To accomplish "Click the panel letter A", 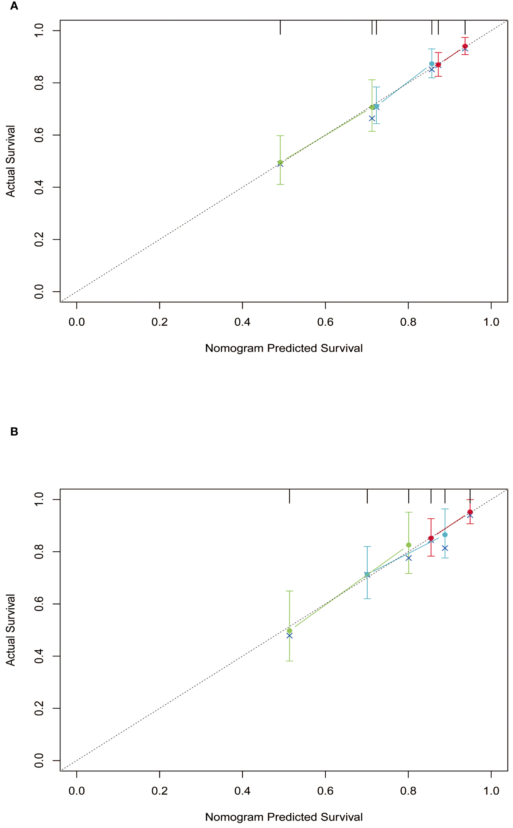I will [x=14, y=6].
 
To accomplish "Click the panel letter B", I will [x=14, y=432].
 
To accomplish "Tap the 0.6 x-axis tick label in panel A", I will [x=325, y=322].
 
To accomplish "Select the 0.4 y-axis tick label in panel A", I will [x=39, y=187].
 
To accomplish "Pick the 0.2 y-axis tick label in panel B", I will [x=39, y=709].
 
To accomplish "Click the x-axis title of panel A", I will [x=284, y=348].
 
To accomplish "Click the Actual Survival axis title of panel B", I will [x=11, y=630].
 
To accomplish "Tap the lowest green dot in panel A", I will [x=280, y=162].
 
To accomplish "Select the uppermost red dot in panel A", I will [x=465, y=46].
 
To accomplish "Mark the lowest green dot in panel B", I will [x=289, y=631].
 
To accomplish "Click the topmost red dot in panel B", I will [x=470, y=512].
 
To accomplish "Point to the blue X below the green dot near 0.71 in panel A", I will [x=372, y=119].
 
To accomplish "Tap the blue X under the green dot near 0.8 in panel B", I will [x=408, y=558].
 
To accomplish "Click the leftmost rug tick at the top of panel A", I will [x=280, y=27].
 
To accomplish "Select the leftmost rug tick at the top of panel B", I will [x=289, y=496].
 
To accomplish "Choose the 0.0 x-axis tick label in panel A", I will [x=77, y=322].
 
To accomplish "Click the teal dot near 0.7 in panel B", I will [x=367, y=574].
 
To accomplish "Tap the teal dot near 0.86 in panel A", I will [x=432, y=64].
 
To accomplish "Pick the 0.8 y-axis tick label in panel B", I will [x=39, y=552].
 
